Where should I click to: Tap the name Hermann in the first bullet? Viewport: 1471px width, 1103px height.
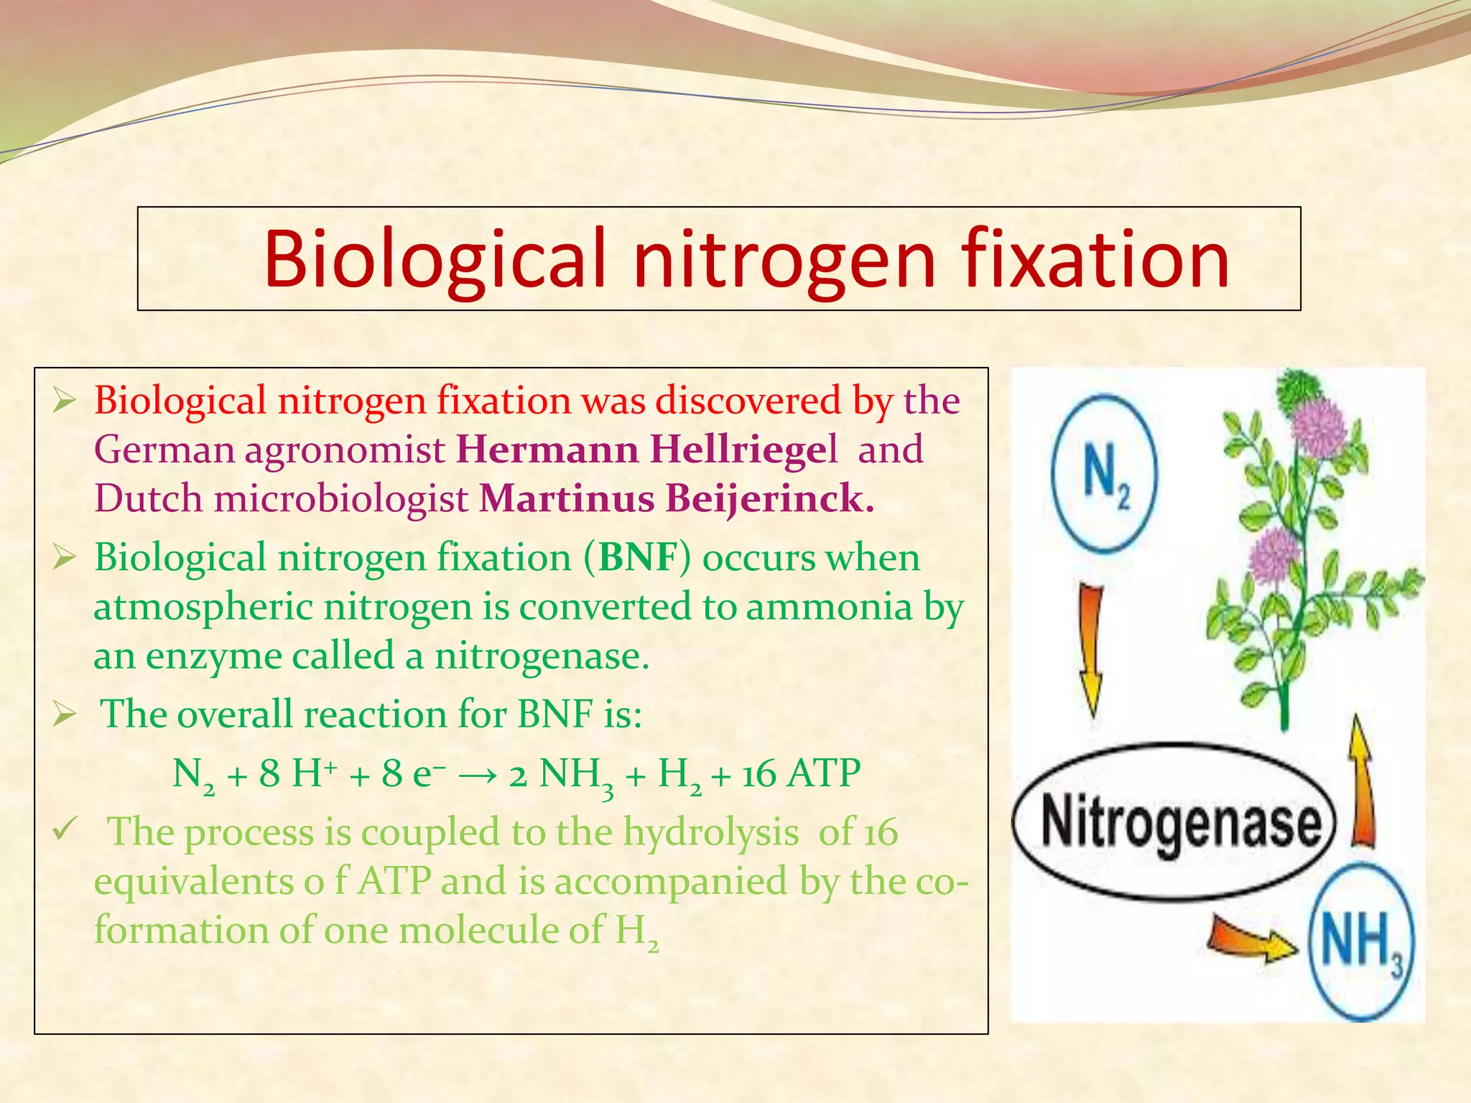tap(547, 450)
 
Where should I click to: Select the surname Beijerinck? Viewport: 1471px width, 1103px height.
tap(769, 498)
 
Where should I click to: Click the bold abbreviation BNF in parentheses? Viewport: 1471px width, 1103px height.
tap(639, 557)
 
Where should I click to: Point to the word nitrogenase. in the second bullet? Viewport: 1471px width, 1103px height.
tap(542, 656)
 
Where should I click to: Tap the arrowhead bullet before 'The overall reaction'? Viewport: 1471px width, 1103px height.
tap(64, 715)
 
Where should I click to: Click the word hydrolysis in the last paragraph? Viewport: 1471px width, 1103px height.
tap(710, 832)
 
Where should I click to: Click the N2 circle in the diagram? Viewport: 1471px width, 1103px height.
tap(1104, 474)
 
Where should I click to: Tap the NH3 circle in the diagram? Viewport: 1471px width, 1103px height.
tap(1360, 941)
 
